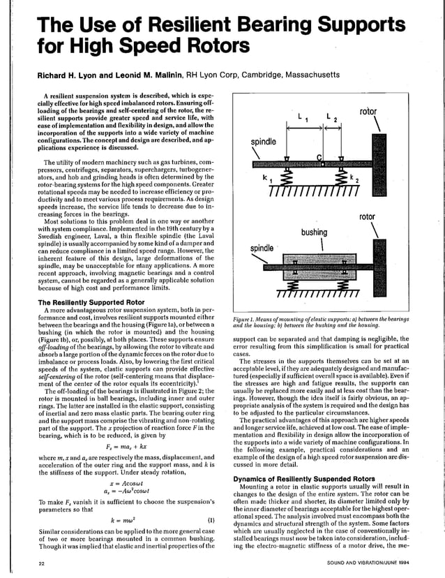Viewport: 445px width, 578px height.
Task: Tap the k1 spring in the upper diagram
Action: pyautogui.click(x=285, y=179)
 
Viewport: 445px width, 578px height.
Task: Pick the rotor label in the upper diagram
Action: pyautogui.click(x=368, y=112)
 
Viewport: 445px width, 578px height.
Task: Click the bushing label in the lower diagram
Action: pyautogui.click(x=314, y=232)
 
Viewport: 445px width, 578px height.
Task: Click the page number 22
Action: pyautogui.click(x=42, y=563)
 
